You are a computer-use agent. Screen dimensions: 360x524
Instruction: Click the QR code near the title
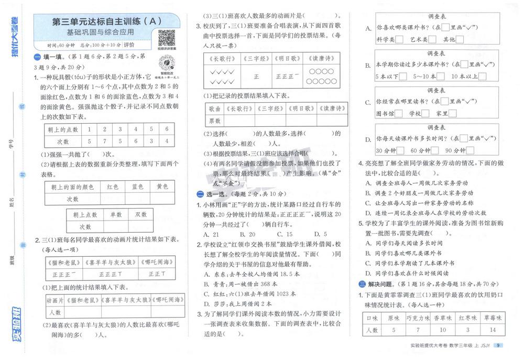(167, 38)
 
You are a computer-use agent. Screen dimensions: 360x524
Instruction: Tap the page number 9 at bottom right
(499, 345)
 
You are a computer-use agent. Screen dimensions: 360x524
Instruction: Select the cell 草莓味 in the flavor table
(492, 318)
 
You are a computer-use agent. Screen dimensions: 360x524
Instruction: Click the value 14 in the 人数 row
(492, 330)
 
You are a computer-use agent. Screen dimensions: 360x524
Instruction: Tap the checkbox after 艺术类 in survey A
(432, 39)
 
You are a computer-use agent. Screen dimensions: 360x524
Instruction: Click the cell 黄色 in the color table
(162, 187)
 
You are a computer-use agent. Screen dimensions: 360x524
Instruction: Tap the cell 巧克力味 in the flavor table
(417, 318)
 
